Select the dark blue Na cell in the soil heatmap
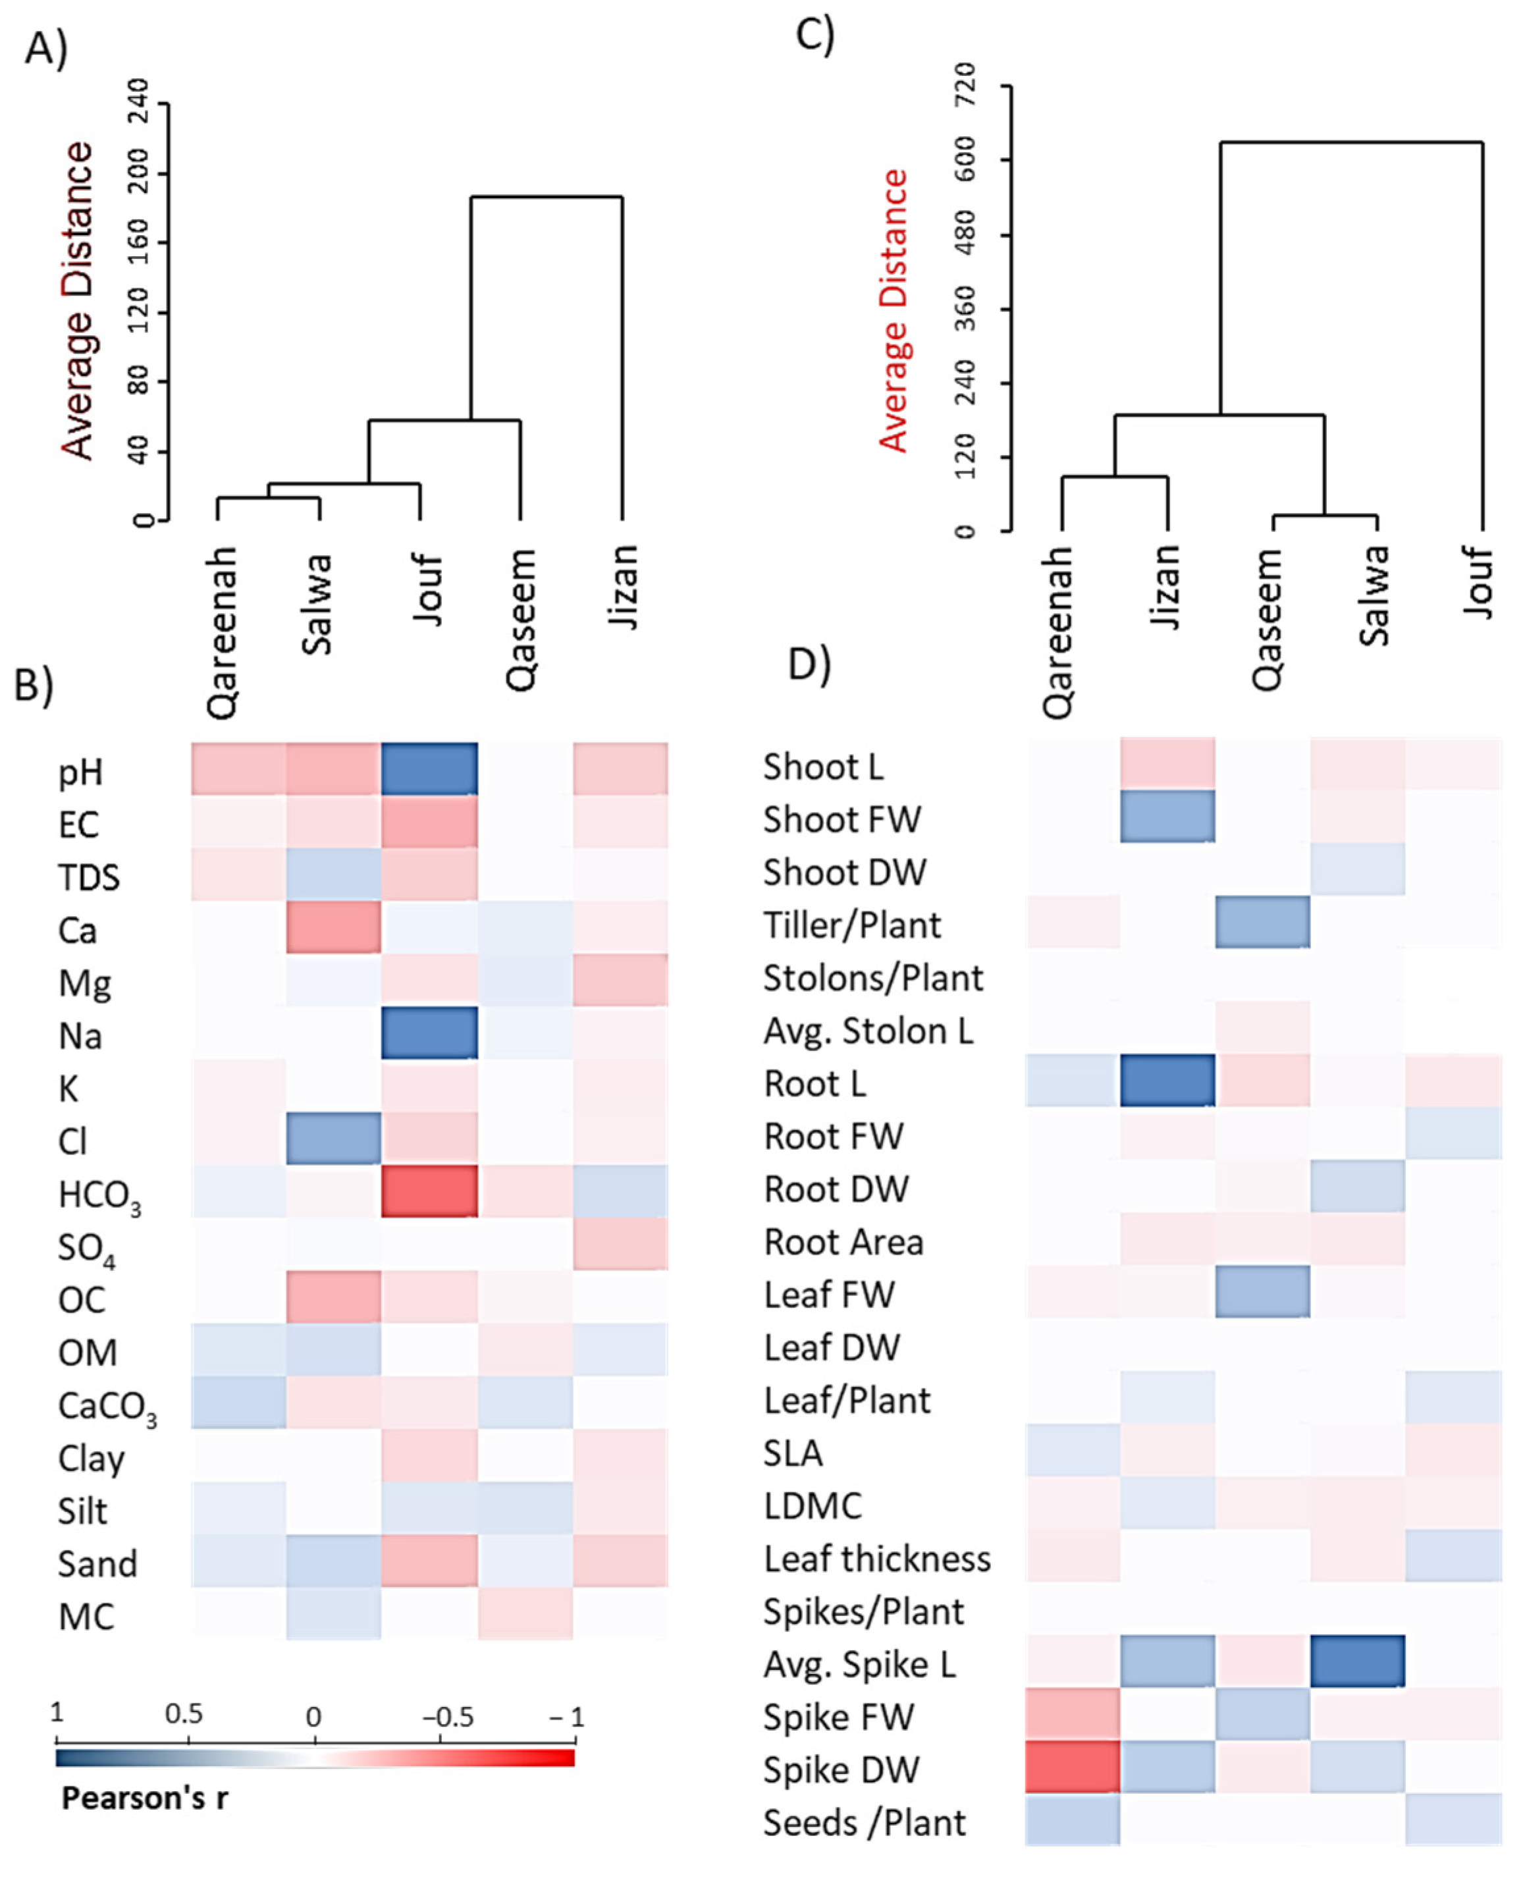429,1033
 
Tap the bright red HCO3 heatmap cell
429,1191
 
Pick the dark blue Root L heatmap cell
1167,1080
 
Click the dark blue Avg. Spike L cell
1357,1661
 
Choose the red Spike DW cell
1072,1766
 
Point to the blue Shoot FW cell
1167,816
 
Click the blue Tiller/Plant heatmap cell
1262,921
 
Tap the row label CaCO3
107,1407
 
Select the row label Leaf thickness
876,1558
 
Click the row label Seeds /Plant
864,1822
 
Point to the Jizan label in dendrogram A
623,585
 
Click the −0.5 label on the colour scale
448,1715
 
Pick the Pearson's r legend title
145,1798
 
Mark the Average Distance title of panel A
77,300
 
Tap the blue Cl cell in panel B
333,1138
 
